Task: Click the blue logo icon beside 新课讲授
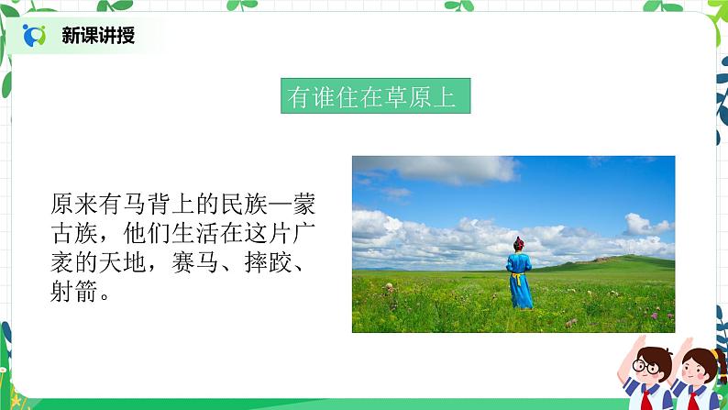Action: [35, 36]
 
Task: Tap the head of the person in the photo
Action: [519, 244]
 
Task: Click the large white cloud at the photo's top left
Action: [440, 169]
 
